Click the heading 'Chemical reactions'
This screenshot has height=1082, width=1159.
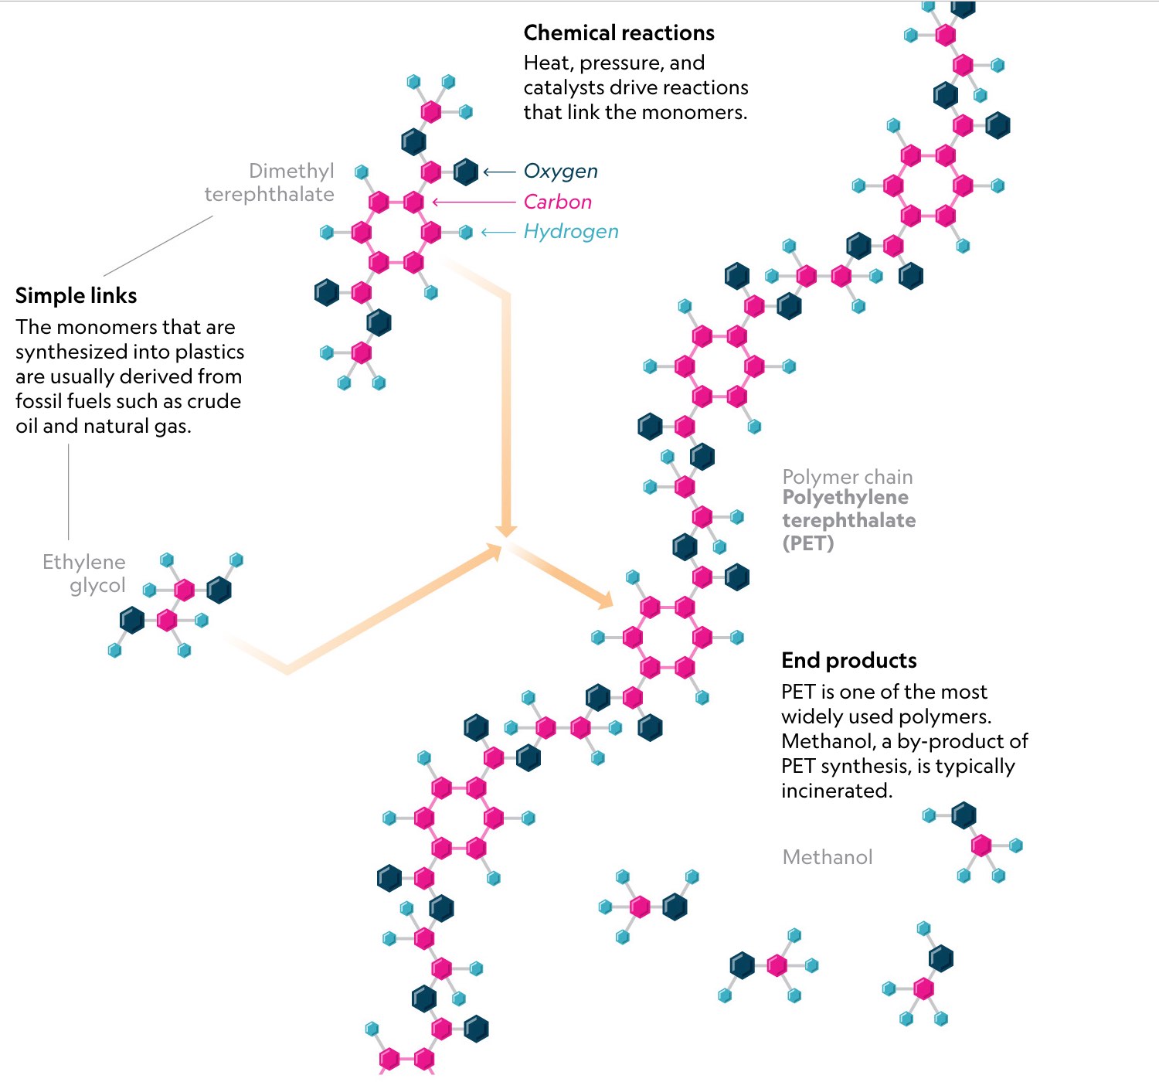[x=619, y=32]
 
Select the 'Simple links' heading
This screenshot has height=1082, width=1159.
[x=76, y=295]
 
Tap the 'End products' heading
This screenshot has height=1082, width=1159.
[x=849, y=660]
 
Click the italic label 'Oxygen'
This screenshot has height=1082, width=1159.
[x=561, y=171]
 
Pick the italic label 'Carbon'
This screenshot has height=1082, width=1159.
[x=557, y=202]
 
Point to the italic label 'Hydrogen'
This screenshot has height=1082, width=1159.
[x=571, y=232]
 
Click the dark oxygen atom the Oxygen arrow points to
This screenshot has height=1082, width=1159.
[x=466, y=172]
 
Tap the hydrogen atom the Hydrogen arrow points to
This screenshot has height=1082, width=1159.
[x=466, y=233]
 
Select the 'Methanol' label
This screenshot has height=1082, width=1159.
[x=828, y=857]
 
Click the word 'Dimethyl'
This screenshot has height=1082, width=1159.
[x=291, y=171]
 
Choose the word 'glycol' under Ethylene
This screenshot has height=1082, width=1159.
[x=97, y=586]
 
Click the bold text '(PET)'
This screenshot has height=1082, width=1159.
[x=808, y=543]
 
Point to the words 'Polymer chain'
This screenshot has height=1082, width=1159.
[x=848, y=477]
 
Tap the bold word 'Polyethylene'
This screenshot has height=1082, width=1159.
[x=845, y=498]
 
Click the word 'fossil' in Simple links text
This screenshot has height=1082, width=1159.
[x=39, y=401]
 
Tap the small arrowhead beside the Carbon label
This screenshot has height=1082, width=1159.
[x=435, y=202]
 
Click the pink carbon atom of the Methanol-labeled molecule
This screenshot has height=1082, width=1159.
[x=981, y=845]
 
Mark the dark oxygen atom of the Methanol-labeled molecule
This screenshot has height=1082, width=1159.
[x=964, y=815]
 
